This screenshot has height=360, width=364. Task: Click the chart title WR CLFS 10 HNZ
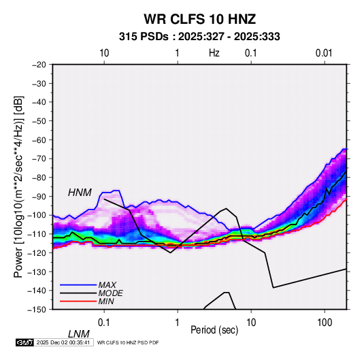(x=199, y=19)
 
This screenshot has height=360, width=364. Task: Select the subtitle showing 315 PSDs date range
(x=199, y=37)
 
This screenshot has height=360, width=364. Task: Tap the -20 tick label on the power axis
(x=39, y=65)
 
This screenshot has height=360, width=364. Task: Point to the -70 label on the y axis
(x=39, y=159)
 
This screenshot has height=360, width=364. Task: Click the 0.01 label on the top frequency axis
(x=324, y=53)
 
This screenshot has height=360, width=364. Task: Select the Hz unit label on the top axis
(x=214, y=53)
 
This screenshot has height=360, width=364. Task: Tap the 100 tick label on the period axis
(x=325, y=323)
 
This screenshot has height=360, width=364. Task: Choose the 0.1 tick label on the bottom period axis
(x=104, y=323)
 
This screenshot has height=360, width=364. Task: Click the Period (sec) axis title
(x=214, y=330)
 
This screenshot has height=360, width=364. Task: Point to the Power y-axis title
(x=18, y=186)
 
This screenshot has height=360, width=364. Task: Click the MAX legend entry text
(x=107, y=285)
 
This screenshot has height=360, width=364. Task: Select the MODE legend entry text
(x=110, y=293)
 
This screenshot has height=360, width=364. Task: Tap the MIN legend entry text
(x=106, y=301)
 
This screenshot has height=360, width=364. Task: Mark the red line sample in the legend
(x=78, y=301)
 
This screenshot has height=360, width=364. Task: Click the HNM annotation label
(x=80, y=193)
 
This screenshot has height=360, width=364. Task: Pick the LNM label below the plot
(x=79, y=334)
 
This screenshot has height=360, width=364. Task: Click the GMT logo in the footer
(x=25, y=342)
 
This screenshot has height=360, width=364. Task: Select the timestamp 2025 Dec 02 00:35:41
(x=63, y=342)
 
